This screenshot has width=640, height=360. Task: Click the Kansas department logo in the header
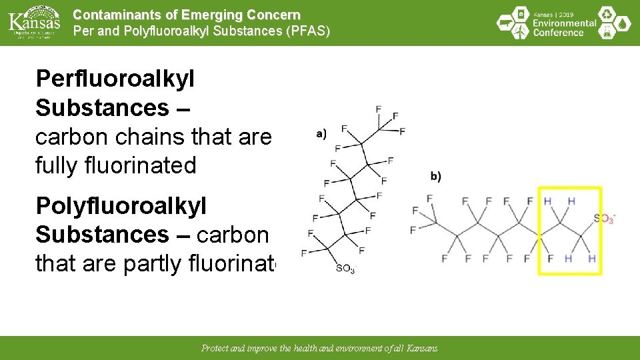tap(34, 22)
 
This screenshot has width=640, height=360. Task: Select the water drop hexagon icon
tap(623, 24)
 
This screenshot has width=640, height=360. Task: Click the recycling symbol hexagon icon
tap(606, 14)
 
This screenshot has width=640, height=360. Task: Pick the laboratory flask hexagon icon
tap(606, 32)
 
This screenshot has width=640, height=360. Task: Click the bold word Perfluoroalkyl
tap(115, 79)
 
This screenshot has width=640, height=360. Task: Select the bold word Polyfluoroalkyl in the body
tap(121, 206)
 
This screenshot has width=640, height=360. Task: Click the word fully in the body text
tap(60, 165)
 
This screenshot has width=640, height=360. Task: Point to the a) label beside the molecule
tap(321, 133)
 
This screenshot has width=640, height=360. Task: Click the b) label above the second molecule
tap(435, 176)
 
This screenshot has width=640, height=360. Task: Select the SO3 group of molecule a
tap(345, 269)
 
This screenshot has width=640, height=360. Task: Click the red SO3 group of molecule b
tap(603, 218)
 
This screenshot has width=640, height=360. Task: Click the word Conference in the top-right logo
tap(559, 32)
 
